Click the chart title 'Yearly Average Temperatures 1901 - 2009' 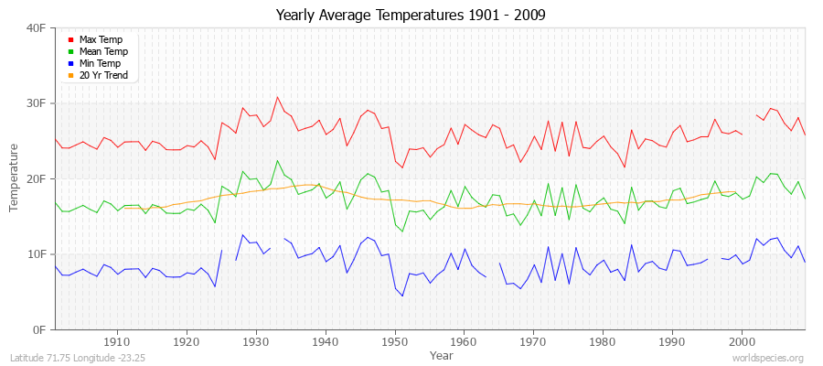coord(411,16)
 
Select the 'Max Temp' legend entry coord(101,40)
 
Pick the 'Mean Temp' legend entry coord(103,52)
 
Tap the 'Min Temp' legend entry coord(101,64)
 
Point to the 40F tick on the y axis coord(36,28)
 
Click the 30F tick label coord(36,103)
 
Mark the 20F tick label coord(36,178)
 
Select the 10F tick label coord(36,253)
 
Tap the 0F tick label coord(38,329)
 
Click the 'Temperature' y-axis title coord(14,178)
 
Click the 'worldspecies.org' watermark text coord(767,358)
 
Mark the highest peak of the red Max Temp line coord(277,97)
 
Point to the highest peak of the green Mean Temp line coord(277,161)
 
